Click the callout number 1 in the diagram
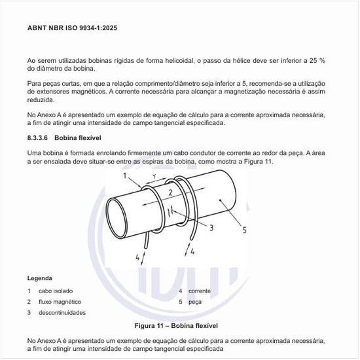point(125,175)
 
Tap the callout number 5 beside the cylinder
point(244,230)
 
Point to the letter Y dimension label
point(154,177)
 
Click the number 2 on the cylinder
point(170,193)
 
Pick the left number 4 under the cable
point(138,257)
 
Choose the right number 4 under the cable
point(190,249)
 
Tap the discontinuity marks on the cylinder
point(169,211)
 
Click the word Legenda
point(40,278)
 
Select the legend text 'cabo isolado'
point(56,291)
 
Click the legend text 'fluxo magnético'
point(60,302)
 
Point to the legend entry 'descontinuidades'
point(62,313)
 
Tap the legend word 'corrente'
point(200,291)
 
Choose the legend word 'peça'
point(195,302)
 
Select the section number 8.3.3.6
point(41,139)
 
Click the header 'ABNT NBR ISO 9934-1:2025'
point(73,29)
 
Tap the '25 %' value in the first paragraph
point(317,60)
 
